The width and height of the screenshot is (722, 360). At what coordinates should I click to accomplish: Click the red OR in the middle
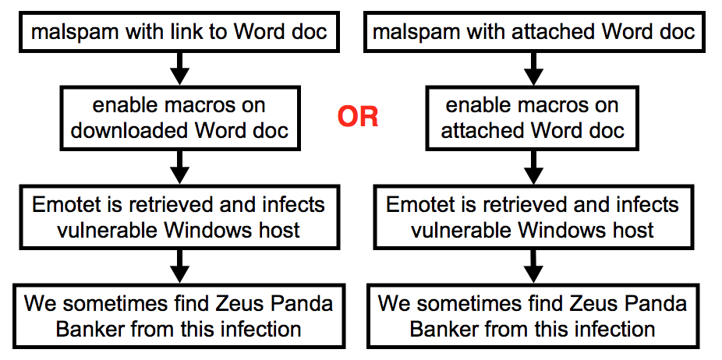358,118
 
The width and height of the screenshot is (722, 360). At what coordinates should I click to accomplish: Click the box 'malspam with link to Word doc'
179,32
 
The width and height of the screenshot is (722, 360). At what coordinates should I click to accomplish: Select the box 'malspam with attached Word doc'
534,32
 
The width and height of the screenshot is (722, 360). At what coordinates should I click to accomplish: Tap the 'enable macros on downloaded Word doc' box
179,118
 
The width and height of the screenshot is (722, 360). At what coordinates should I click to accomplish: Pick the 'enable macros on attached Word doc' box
533,118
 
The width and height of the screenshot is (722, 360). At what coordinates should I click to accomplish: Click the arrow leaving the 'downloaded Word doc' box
179,168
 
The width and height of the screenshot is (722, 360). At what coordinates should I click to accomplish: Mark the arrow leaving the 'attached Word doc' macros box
534,168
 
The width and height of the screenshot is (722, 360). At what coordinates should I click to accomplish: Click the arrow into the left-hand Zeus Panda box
179,266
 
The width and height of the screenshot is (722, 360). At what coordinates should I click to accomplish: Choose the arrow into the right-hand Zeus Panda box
534,266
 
